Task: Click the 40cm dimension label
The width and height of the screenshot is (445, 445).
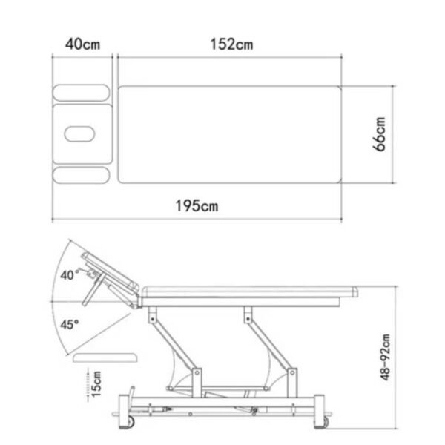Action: [x=83, y=44]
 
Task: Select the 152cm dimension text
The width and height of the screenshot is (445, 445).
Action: [x=231, y=44]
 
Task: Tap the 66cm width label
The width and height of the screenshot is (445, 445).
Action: [x=379, y=134]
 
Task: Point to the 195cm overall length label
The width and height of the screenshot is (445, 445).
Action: [x=197, y=205]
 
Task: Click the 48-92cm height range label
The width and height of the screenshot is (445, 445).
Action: [x=385, y=357]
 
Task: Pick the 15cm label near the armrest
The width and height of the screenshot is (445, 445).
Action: [x=96, y=383]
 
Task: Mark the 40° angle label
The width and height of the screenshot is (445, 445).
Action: [x=69, y=274]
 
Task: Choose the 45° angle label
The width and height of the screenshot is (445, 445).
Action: [x=69, y=324]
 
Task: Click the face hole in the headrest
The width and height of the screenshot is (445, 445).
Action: [x=79, y=134]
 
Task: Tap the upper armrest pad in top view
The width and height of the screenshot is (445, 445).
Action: [x=81, y=93]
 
